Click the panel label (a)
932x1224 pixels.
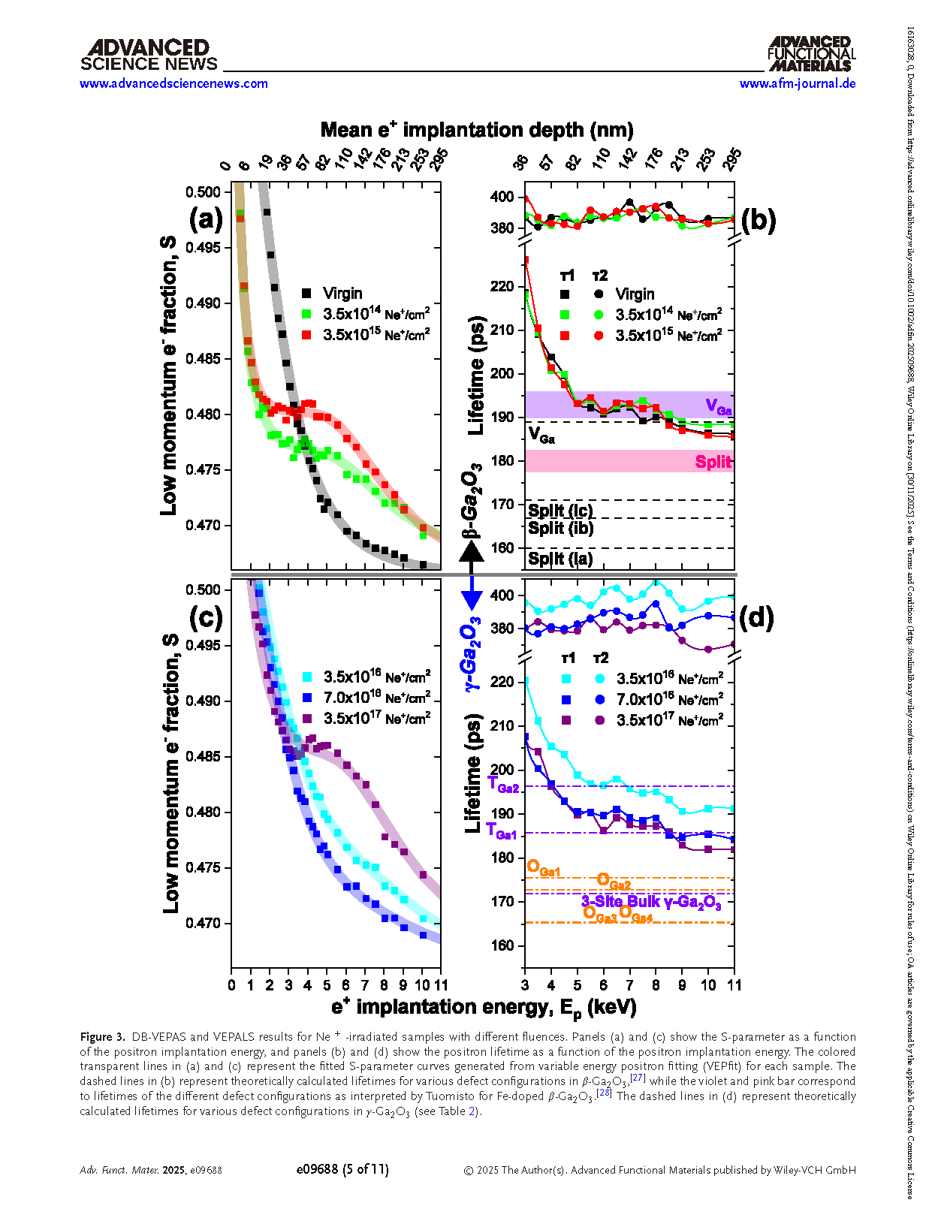pyautogui.click(x=206, y=219)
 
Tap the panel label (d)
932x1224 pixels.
pyautogui.click(x=756, y=617)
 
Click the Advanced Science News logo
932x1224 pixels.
pyautogui.click(x=149, y=56)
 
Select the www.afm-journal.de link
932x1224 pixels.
pyautogui.click(x=798, y=83)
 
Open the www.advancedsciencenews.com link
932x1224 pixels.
pyautogui.click(x=173, y=83)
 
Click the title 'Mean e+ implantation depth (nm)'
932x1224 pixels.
pyautogui.click(x=477, y=130)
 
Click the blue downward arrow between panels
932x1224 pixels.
pyautogui.click(x=472, y=596)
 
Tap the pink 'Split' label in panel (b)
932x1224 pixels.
pyautogui.click(x=712, y=462)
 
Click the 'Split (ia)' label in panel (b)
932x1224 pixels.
pyautogui.click(x=560, y=558)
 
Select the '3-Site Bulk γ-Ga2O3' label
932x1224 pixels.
pyautogui.click(x=651, y=902)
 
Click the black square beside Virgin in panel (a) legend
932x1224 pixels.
pyautogui.click(x=306, y=294)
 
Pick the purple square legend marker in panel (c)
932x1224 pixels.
pyautogui.click(x=306, y=719)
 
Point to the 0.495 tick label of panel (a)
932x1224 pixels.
pyautogui.click(x=203, y=248)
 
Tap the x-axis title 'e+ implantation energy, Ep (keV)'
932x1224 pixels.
pyautogui.click(x=484, y=1007)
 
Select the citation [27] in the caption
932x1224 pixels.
pyautogui.click(x=638, y=1078)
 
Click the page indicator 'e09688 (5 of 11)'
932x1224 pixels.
pyautogui.click(x=342, y=1169)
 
